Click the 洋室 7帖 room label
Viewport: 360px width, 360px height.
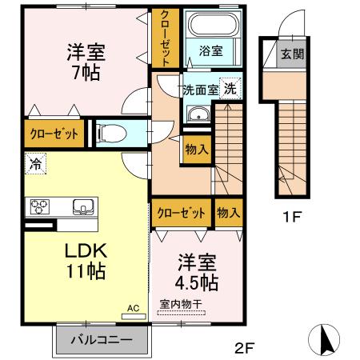pyautogui.click(x=85, y=62)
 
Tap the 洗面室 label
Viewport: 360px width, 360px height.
pyautogui.click(x=200, y=89)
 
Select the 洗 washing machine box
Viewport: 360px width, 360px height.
pyautogui.click(x=230, y=88)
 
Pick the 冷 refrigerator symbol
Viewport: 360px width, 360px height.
pyautogui.click(x=35, y=163)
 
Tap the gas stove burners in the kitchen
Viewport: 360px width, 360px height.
pyautogui.click(x=40, y=207)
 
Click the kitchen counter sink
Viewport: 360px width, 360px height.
pyautogui.click(x=82, y=208)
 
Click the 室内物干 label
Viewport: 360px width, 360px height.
pyautogui.click(x=181, y=304)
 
